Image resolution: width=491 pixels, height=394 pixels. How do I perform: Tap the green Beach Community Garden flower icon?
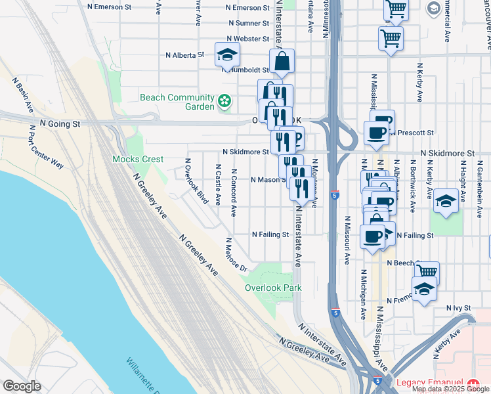[x=225, y=101]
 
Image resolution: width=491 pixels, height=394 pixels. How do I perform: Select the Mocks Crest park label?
[x=138, y=159]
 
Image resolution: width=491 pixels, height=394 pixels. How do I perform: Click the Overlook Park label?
[x=273, y=288]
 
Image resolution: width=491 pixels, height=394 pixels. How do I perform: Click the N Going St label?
[x=60, y=123]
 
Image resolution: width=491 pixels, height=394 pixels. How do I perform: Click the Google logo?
[x=22, y=385]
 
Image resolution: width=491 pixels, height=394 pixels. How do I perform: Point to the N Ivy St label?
[x=459, y=307]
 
